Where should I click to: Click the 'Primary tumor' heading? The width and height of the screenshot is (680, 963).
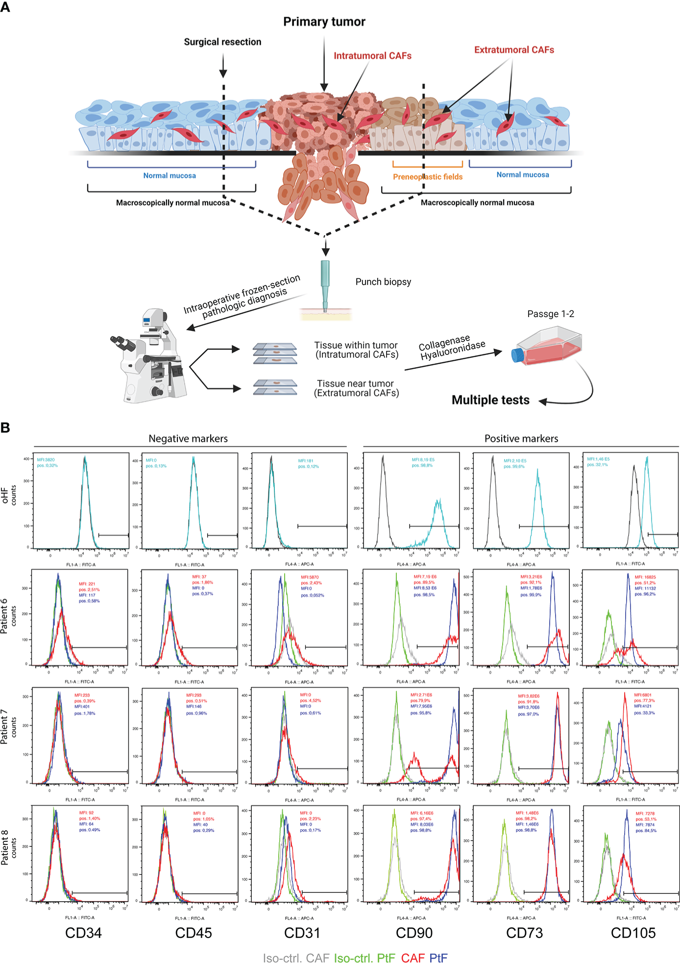coord(324,22)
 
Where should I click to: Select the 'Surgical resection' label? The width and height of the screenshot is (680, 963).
coord(222,42)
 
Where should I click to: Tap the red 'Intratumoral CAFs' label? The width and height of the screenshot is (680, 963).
coord(372,56)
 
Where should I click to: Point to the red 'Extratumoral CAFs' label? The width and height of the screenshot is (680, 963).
coord(514,50)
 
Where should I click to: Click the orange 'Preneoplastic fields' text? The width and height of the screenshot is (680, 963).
coord(427,177)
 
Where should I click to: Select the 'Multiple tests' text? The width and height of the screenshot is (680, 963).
coord(490,400)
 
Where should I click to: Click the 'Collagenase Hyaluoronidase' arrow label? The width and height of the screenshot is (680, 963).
coord(451,346)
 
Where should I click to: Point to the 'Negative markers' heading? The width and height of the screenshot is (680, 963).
coord(188,439)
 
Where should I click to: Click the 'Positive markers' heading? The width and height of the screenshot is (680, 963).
coord(521,439)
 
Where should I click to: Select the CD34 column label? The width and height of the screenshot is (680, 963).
coord(83,933)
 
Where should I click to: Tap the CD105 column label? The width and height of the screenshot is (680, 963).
coord(633,933)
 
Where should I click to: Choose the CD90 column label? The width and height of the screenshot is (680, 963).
coord(414,933)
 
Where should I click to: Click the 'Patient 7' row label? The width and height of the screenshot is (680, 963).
coord(4,727)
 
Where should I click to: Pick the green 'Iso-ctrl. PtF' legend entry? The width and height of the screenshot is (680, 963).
coord(364,958)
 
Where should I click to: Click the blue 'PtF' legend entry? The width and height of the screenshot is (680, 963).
coord(438,958)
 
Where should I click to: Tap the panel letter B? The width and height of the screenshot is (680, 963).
coord(5,427)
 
